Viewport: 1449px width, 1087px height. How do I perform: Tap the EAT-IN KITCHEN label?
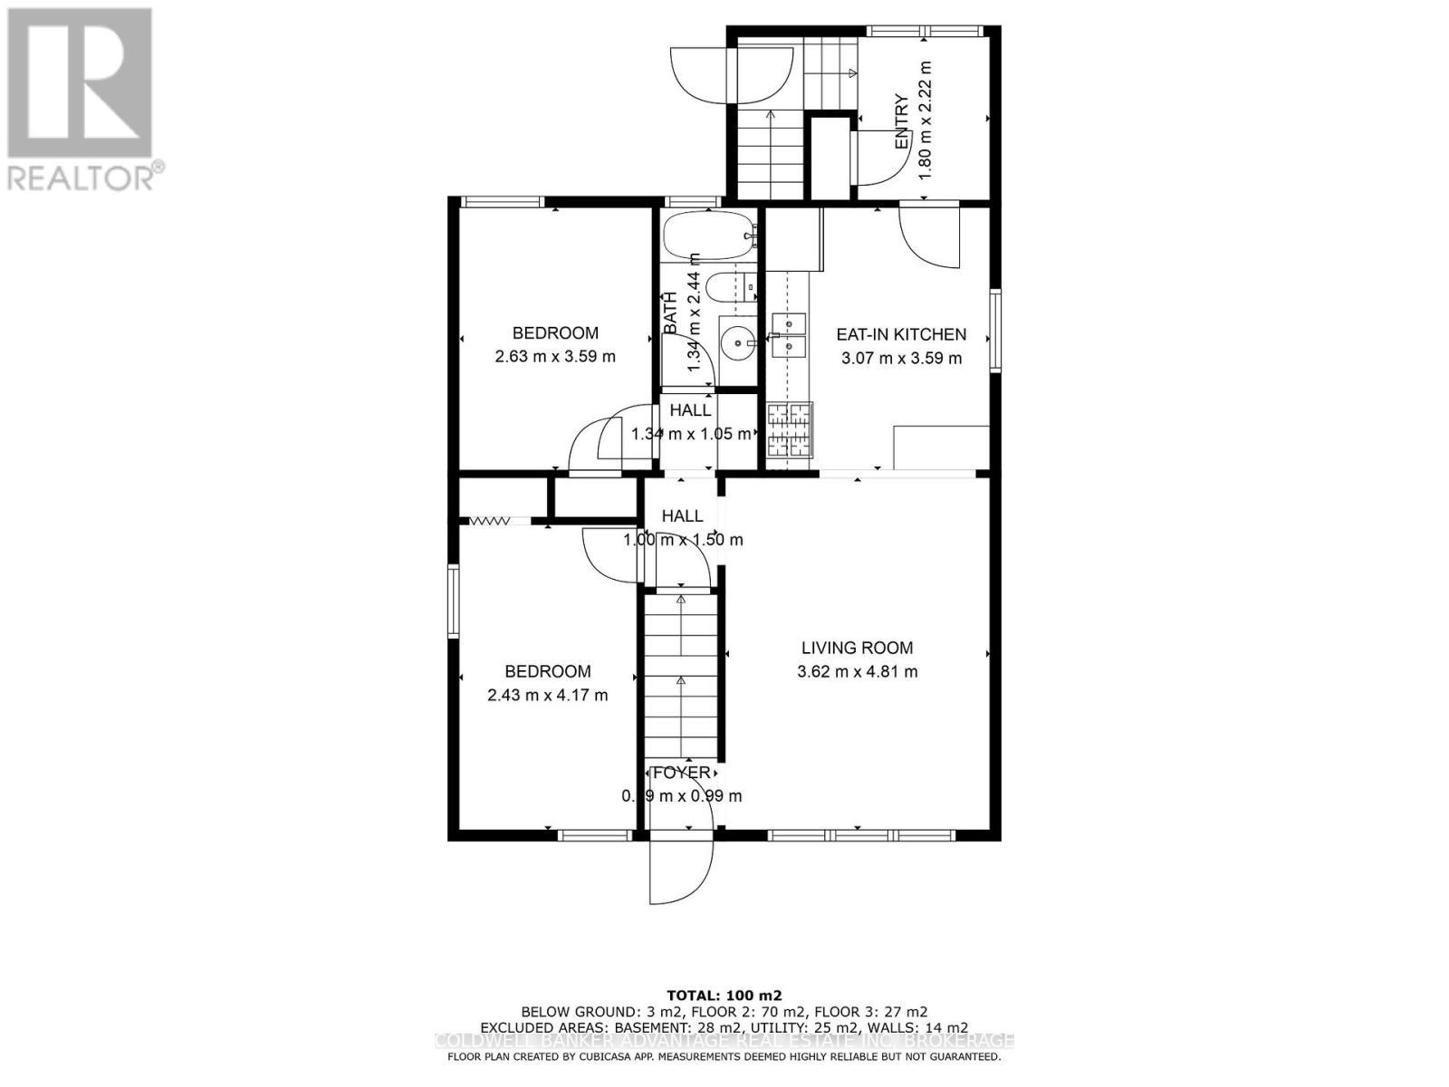click(x=901, y=334)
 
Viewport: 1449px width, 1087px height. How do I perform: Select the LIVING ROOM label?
click(x=857, y=648)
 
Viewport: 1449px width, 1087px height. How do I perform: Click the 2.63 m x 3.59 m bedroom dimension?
click(x=555, y=357)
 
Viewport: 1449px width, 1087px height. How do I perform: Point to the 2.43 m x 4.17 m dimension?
click(x=547, y=696)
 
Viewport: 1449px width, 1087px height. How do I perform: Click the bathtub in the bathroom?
click(x=707, y=236)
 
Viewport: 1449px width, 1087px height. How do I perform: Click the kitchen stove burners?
click(x=790, y=430)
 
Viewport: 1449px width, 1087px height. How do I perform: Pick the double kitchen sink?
click(x=789, y=333)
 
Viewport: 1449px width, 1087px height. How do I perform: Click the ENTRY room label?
click(x=902, y=122)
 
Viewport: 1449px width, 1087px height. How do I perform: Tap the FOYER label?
click(x=682, y=773)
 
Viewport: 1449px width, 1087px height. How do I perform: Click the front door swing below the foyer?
click(x=679, y=870)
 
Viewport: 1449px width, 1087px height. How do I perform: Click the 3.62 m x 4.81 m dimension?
click(x=857, y=672)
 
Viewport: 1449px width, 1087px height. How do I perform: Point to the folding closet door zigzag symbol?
click(x=488, y=521)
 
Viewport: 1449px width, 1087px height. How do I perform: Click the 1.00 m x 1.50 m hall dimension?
click(x=683, y=540)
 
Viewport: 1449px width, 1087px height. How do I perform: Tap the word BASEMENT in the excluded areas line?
click(x=650, y=1027)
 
